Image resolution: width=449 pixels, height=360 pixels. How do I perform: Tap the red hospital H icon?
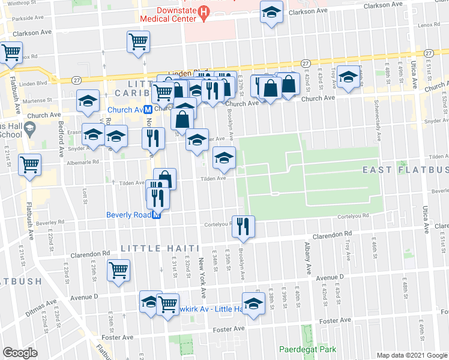point(204,12)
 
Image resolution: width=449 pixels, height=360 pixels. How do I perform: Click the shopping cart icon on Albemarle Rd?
point(30,164)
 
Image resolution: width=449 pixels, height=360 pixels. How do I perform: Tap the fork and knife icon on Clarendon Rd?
point(243,226)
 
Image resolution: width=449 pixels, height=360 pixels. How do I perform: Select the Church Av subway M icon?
point(146,110)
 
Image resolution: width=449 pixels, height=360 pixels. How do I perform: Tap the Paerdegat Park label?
point(308,349)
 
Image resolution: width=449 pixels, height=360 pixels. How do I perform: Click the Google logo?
point(21,352)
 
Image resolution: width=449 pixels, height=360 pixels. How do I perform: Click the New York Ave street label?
point(203,283)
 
